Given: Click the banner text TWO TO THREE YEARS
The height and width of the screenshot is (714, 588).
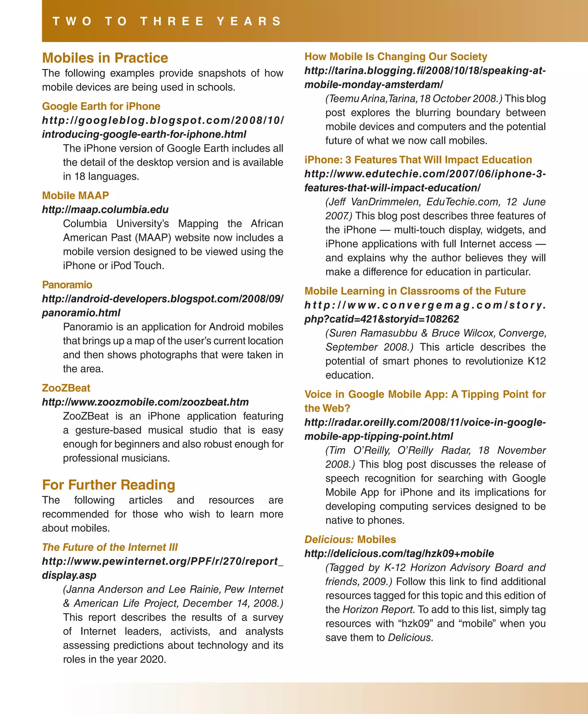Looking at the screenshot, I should [x=167, y=21].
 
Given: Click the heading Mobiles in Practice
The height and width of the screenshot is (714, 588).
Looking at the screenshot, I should [x=105, y=58].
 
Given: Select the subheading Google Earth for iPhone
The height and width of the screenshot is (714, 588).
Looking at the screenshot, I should [x=101, y=106].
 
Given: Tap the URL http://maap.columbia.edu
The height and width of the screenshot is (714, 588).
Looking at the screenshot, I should [x=105, y=210].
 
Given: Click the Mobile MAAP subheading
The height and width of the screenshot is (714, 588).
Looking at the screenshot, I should [x=75, y=196].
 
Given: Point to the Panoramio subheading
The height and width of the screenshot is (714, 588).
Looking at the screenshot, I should [x=67, y=285].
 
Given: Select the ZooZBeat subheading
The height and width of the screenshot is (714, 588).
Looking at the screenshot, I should [x=66, y=388].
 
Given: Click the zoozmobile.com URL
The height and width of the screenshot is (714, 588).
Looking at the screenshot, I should [x=145, y=402].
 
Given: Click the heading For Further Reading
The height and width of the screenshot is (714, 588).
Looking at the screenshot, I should [x=109, y=485].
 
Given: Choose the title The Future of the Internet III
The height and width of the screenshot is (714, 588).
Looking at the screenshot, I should [x=110, y=547].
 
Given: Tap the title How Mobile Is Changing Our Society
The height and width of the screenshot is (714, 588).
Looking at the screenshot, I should [x=396, y=57].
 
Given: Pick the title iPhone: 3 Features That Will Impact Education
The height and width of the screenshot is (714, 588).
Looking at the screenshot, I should [x=418, y=160].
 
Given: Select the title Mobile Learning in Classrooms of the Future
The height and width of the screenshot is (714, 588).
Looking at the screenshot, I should [x=415, y=291].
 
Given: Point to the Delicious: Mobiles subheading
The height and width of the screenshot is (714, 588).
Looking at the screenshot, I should [x=350, y=539].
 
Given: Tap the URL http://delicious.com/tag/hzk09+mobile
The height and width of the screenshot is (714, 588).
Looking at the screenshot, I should [x=399, y=554].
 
